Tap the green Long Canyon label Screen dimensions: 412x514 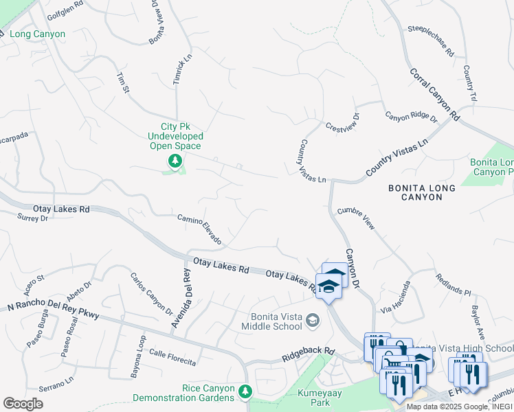coord(38,34)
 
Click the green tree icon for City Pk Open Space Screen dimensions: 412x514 coord(175,161)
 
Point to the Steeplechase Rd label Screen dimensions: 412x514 coord(431,41)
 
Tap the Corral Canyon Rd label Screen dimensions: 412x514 coord(434,94)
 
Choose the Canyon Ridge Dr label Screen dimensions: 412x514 coord(410,117)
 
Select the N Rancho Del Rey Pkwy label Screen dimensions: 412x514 coord(53,310)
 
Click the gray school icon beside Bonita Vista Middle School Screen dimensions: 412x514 coord(313,319)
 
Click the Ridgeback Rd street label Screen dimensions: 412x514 coord(308,355)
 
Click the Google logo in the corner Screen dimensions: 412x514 coord(23,403)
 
